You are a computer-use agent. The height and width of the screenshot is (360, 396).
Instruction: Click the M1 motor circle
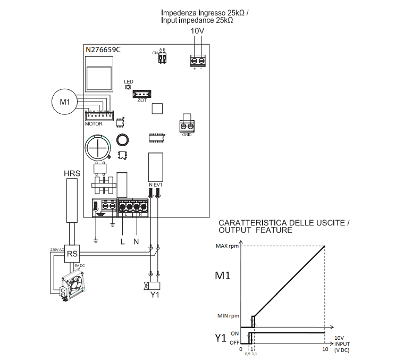click(x=64, y=102)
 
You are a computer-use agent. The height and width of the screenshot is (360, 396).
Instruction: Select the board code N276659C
click(x=103, y=50)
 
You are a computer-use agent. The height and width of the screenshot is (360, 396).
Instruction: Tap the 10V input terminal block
click(x=198, y=60)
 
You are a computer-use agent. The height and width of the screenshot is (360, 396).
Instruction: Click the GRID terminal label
click(x=187, y=135)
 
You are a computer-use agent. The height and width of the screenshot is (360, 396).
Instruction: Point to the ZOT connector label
click(x=142, y=100)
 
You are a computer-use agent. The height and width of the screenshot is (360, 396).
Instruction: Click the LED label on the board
click(x=128, y=82)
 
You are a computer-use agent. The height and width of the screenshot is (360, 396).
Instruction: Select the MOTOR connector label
click(x=94, y=123)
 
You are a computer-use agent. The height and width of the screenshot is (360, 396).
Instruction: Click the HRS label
click(x=72, y=173)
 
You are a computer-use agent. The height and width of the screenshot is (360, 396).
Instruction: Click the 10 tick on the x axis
click(x=325, y=349)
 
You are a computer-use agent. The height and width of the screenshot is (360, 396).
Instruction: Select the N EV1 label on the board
click(x=155, y=185)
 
